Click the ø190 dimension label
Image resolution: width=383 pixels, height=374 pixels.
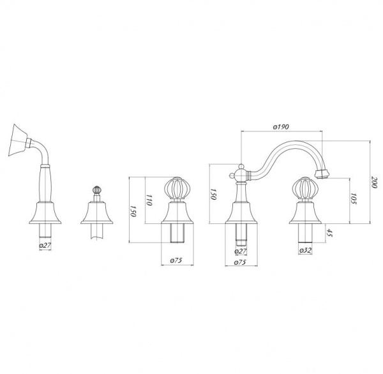(281, 127)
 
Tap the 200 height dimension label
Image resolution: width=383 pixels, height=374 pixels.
(373, 182)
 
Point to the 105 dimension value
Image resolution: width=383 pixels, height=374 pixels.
(354, 199)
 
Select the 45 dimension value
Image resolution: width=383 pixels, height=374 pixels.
(330, 233)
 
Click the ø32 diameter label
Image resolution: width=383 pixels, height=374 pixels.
(305, 250)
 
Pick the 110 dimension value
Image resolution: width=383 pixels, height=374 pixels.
(149, 200)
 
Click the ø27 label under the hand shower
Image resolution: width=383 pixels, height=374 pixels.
(45, 246)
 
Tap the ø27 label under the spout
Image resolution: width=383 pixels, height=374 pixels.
(241, 251)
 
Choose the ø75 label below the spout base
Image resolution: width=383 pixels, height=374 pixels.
(240, 262)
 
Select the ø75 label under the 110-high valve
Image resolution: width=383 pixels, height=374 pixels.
(176, 260)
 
